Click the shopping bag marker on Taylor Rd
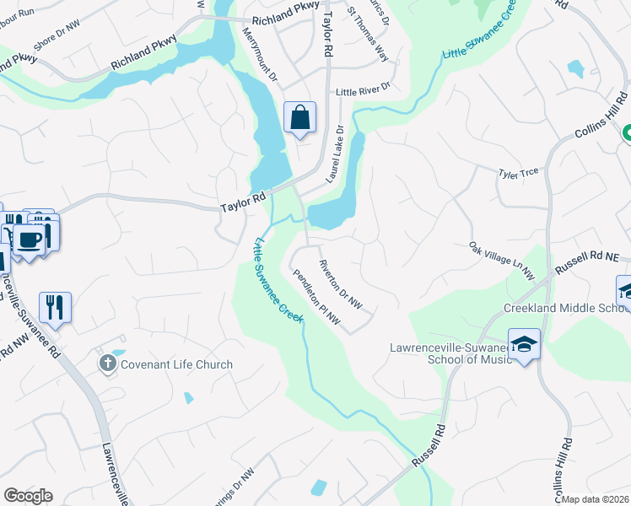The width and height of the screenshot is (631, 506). [300, 118]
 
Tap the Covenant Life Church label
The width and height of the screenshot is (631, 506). [176, 364]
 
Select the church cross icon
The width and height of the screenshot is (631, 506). [107, 363]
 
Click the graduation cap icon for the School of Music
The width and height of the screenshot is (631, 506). [524, 344]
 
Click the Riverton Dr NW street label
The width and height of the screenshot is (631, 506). [340, 283]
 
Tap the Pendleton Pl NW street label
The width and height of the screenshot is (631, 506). [316, 296]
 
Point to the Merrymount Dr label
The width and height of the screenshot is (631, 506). [260, 53]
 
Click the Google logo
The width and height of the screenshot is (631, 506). [28, 496]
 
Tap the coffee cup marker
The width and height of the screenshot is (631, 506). [30, 240]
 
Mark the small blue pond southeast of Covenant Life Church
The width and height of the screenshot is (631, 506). [188, 397]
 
